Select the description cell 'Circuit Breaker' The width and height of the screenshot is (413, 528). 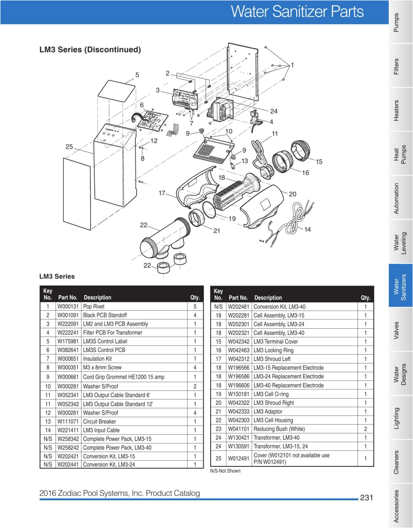click(x=99, y=422)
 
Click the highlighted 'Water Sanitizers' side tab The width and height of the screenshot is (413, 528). click(x=400, y=286)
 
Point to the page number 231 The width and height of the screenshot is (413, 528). click(x=367, y=498)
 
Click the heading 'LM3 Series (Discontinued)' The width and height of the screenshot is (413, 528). click(x=90, y=50)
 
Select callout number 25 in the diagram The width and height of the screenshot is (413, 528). click(x=69, y=147)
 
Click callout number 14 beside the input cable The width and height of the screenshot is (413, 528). click(x=307, y=229)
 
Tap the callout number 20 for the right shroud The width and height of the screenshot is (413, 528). click(x=293, y=194)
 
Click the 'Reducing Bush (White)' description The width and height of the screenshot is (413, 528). click(x=279, y=429)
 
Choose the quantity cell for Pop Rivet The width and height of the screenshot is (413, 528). click(x=195, y=306)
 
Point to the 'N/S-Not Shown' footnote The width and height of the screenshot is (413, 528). click(x=225, y=471)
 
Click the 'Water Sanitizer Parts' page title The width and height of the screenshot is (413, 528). click(x=298, y=12)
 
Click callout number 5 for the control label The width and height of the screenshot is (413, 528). click(x=137, y=75)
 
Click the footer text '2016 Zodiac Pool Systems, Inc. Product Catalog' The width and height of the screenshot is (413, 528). click(x=119, y=493)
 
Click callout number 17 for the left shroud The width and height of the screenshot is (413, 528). click(x=162, y=193)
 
